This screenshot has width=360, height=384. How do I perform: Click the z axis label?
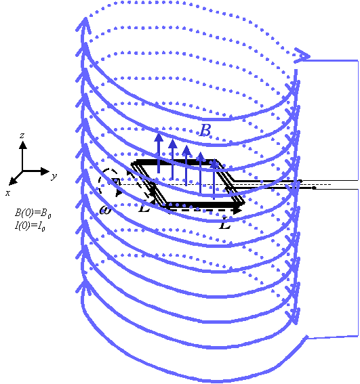point(22,135)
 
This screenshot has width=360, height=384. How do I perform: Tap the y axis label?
point(54,176)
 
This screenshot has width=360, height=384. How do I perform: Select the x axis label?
point(8,193)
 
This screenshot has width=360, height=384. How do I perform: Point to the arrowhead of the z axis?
point(23,145)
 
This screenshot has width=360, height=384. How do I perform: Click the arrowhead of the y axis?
point(45,171)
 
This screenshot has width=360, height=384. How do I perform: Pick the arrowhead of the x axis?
point(13,182)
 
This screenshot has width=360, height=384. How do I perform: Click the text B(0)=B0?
point(33,213)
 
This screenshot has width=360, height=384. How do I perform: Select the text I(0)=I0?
point(30,226)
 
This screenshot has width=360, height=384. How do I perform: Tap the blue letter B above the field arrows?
point(205,130)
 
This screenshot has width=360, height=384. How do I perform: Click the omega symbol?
point(106,209)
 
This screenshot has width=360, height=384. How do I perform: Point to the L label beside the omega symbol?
point(144,207)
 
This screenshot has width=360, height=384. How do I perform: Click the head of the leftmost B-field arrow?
point(159,137)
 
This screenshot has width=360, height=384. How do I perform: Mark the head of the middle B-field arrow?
point(186,150)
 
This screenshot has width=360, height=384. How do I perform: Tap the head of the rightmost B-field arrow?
point(214,164)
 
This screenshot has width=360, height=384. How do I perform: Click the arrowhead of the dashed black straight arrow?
point(237,210)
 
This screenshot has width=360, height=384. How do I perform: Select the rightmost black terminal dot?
point(314,188)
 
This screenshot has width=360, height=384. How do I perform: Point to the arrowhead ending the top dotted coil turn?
point(302,56)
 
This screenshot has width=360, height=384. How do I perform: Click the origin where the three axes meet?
point(22,171)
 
